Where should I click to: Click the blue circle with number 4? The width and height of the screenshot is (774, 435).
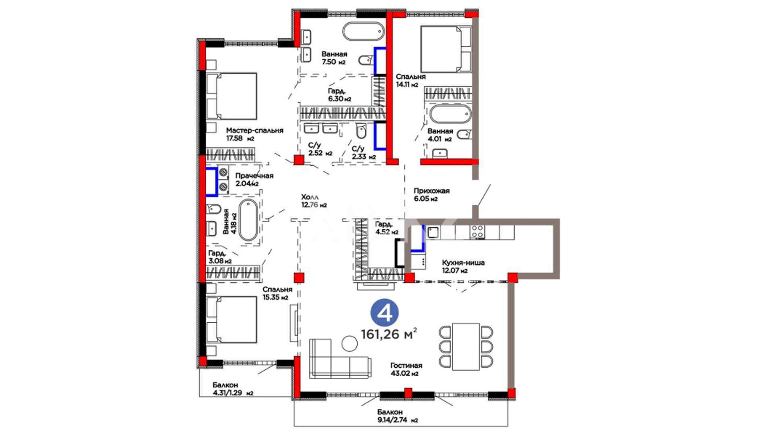[x=384, y=313]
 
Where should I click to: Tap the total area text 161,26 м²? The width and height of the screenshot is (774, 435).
[x=389, y=333]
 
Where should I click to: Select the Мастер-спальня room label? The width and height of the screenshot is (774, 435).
[x=254, y=130]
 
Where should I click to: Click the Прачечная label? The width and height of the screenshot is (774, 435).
[x=254, y=176]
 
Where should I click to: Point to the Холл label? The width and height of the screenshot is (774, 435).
[x=310, y=197]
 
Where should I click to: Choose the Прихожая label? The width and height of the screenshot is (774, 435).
[x=431, y=191]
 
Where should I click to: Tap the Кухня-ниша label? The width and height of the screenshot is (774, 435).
[x=463, y=263]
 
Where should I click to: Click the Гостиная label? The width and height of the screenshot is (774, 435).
[x=406, y=366]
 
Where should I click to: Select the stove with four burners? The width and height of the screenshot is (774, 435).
[x=478, y=232]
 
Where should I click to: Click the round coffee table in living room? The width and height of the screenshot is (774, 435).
[x=349, y=344]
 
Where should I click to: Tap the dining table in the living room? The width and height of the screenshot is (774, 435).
[x=466, y=346]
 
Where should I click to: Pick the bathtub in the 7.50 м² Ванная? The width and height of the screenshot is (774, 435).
[x=364, y=31]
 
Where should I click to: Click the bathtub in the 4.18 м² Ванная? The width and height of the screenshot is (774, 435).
[x=248, y=220]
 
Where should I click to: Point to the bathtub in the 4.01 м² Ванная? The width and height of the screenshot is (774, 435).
[x=450, y=114]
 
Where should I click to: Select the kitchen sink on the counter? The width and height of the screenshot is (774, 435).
[x=433, y=232]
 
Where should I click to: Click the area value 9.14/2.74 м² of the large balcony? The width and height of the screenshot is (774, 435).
[x=397, y=420]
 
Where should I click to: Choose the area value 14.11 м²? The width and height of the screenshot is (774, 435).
[x=407, y=85]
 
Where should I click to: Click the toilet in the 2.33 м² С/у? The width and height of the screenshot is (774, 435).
[x=361, y=131]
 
